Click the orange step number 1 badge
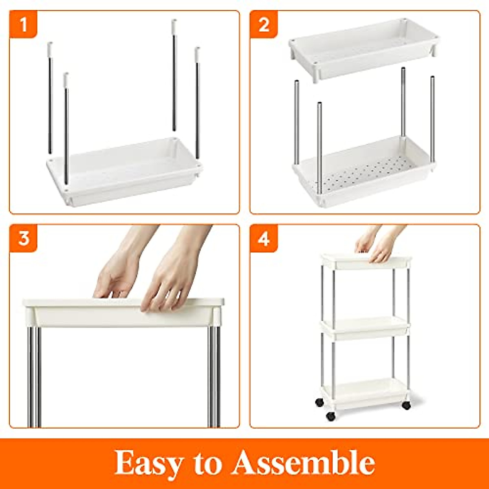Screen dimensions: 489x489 23,24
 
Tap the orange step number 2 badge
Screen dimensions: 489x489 264,24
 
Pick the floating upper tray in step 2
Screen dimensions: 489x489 364,47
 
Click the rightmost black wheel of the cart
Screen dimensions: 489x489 406,405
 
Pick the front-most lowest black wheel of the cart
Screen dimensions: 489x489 330,416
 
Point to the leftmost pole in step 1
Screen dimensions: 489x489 50,98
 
